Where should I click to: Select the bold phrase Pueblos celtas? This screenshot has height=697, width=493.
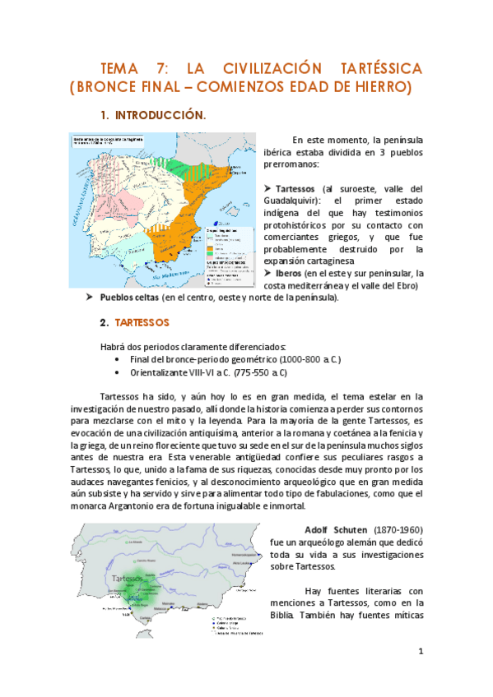coord(129,297)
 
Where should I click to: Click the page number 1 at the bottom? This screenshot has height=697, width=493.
coord(420,652)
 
